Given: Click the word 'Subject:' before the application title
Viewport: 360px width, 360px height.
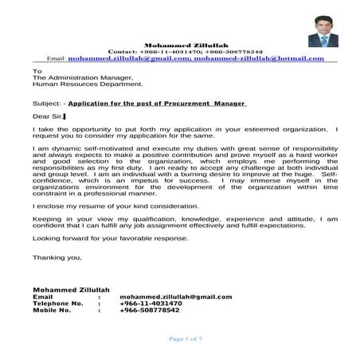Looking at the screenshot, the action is point(47,103).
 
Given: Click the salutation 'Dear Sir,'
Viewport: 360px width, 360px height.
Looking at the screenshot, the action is point(48,116).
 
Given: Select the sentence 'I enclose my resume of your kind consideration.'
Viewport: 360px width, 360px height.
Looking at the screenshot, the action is point(115,205).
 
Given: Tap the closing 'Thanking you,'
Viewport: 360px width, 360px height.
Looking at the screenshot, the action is point(57,257).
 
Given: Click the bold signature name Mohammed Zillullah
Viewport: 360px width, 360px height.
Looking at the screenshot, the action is point(71,289).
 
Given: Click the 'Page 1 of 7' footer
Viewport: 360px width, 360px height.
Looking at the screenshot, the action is point(186,338).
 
